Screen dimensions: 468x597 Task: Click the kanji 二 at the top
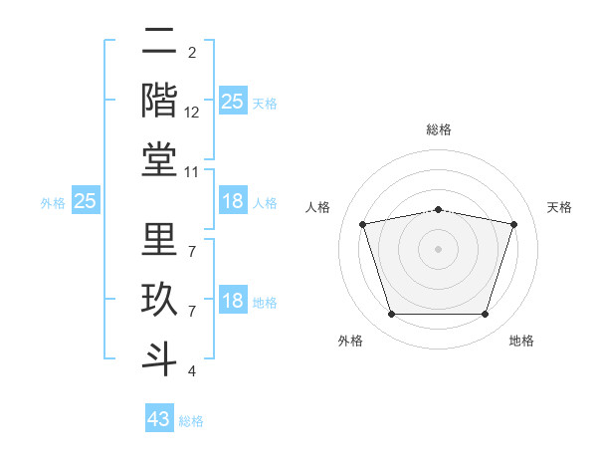pyautogui.click(x=159, y=41)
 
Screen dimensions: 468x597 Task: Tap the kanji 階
pyautogui.click(x=159, y=99)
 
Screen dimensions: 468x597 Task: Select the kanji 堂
pyautogui.click(x=159, y=158)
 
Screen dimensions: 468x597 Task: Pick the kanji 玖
pyautogui.click(x=159, y=298)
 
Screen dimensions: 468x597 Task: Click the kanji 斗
pyautogui.click(x=159, y=355)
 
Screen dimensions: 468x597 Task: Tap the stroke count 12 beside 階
pyautogui.click(x=192, y=113)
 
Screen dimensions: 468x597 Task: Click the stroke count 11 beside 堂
pyautogui.click(x=192, y=172)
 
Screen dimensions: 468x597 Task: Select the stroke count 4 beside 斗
pyautogui.click(x=191, y=371)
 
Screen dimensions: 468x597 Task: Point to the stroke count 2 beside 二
pyautogui.click(x=191, y=53)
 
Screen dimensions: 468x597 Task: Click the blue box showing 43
pyautogui.click(x=159, y=419)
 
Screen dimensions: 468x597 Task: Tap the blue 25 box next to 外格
pyautogui.click(x=86, y=202)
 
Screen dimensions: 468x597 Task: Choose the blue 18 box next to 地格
pyautogui.click(x=233, y=302)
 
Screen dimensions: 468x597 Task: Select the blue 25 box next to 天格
pyautogui.click(x=233, y=102)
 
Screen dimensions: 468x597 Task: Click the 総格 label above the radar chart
pyautogui.click(x=439, y=129)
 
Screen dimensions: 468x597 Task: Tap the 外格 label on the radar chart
pyautogui.click(x=350, y=342)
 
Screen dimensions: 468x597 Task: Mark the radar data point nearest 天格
pyautogui.click(x=514, y=224)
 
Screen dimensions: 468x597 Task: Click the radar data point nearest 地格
pyautogui.click(x=485, y=315)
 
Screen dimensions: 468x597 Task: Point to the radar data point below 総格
pyautogui.click(x=439, y=209)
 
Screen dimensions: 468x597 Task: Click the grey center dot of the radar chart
pyautogui.click(x=439, y=249)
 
